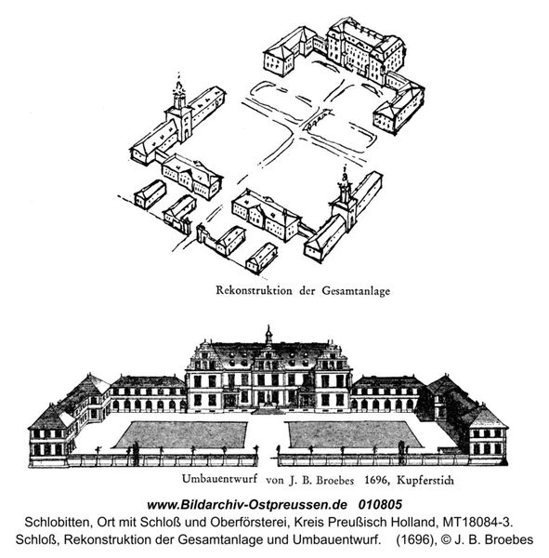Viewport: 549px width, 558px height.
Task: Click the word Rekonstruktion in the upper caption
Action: tap(254, 290)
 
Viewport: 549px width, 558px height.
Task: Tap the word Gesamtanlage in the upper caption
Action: tap(356, 291)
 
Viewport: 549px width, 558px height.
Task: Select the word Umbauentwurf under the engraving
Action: tap(219, 479)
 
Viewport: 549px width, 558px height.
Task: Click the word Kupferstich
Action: tap(425, 480)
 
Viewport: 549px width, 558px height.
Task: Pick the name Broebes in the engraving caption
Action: tap(335, 480)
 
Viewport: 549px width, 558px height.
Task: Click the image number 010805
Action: tap(380, 504)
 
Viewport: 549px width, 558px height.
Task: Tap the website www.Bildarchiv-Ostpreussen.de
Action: tap(247, 505)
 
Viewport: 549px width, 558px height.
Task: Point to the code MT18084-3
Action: tap(477, 522)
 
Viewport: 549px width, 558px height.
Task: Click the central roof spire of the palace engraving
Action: tap(268, 335)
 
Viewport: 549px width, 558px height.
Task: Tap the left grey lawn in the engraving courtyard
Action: tap(181, 434)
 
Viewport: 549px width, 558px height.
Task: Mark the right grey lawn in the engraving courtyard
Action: tap(355, 434)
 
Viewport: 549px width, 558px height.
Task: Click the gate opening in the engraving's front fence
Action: tap(268, 459)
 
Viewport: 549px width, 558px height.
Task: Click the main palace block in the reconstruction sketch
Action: tap(364, 51)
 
